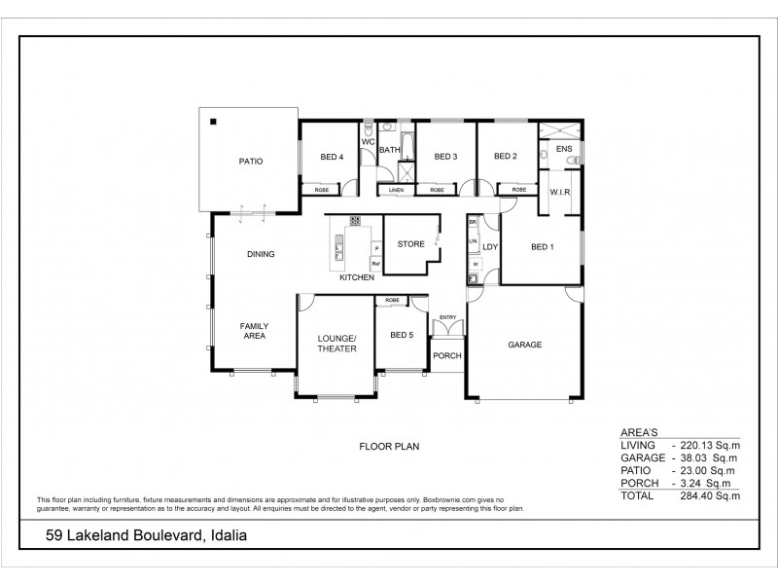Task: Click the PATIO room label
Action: pyautogui.click(x=246, y=162)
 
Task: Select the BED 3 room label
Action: pyautogui.click(x=445, y=157)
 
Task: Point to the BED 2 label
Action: pyautogui.click(x=504, y=157)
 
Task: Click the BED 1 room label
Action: pyautogui.click(x=542, y=247)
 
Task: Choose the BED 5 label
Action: pyautogui.click(x=402, y=335)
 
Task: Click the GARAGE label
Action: pyautogui.click(x=525, y=345)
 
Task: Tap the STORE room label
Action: pyautogui.click(x=411, y=243)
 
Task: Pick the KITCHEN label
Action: pyautogui.click(x=357, y=278)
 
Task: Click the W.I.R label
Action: pyautogui.click(x=559, y=192)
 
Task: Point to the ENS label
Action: pyautogui.click(x=563, y=149)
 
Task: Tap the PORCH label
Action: pyautogui.click(x=447, y=355)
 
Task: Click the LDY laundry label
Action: pyautogui.click(x=490, y=247)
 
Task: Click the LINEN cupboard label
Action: pyautogui.click(x=396, y=190)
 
